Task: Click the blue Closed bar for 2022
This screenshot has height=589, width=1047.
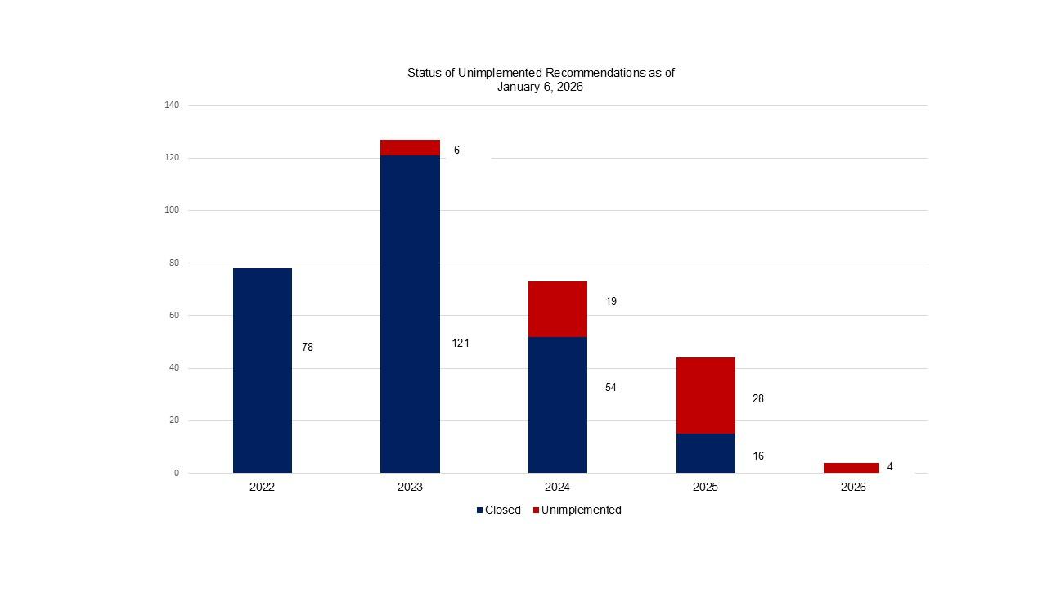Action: coord(262,371)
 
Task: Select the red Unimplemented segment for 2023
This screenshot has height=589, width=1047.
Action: coord(410,147)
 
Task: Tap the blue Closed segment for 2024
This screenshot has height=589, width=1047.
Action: coord(557,405)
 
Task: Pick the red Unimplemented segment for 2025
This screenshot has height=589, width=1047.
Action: coord(705,395)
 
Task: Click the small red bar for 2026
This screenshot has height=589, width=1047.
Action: coord(851,468)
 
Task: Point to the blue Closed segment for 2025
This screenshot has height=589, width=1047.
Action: coord(705,453)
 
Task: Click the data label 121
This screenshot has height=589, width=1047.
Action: coord(461,344)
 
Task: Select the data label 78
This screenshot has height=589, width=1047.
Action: coord(308,348)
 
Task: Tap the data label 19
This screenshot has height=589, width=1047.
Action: coord(611,302)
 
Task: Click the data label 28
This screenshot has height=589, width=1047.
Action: coord(758,399)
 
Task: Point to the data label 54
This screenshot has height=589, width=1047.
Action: coord(611,388)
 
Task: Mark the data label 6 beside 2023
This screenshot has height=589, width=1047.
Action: coord(456,151)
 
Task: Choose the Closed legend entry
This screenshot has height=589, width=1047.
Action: coord(499,510)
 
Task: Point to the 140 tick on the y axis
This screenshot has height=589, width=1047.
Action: coord(172,105)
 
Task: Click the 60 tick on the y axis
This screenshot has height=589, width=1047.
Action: coord(174,316)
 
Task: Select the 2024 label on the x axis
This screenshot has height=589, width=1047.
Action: coord(557,487)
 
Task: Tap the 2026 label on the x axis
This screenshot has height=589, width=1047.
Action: coord(852,487)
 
